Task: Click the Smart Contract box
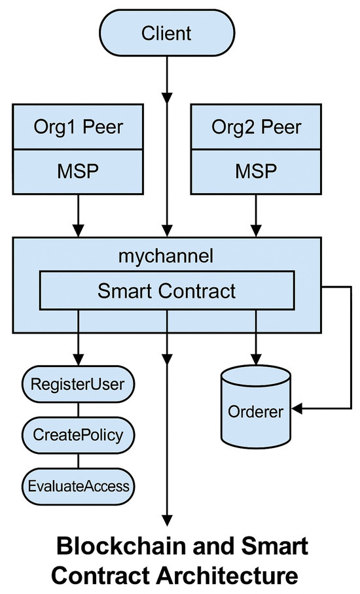tap(168, 290)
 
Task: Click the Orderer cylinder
tap(255, 409)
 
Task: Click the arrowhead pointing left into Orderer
tap(297, 410)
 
